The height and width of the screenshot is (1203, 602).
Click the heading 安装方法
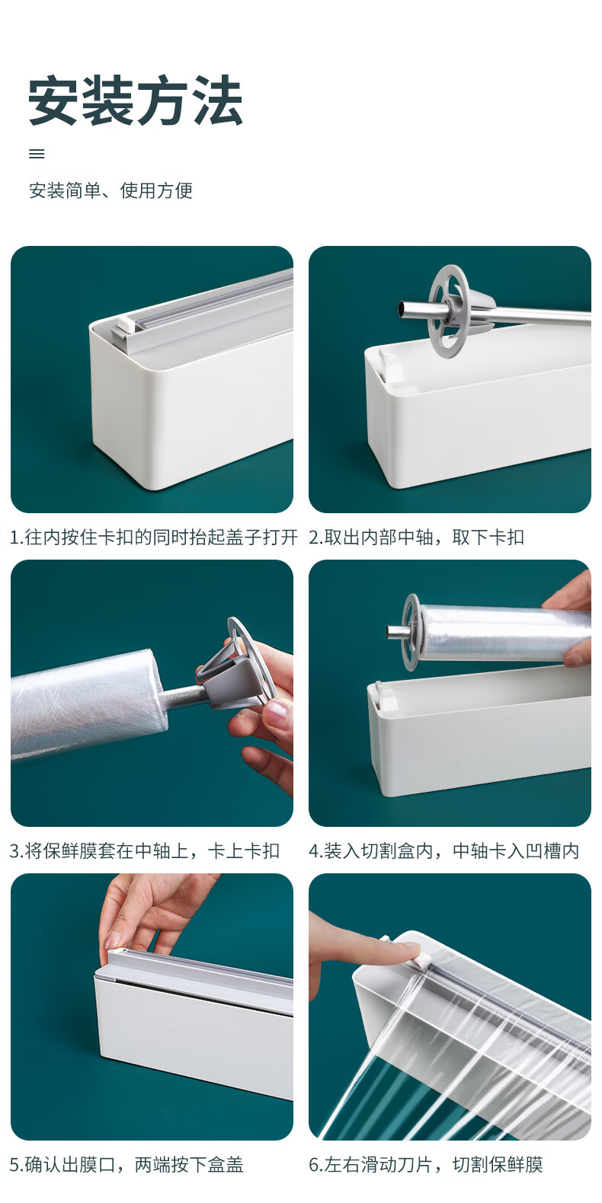click(x=136, y=101)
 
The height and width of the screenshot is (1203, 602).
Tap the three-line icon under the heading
click(x=37, y=154)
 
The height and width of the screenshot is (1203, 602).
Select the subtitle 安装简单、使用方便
click(x=110, y=190)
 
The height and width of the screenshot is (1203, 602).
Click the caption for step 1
click(x=153, y=537)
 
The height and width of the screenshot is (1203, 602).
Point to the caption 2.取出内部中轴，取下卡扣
click(x=417, y=537)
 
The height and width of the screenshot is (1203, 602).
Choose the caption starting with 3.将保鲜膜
click(x=145, y=850)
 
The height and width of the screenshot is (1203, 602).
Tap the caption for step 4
click(x=444, y=850)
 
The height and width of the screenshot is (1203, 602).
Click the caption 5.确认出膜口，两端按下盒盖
click(x=126, y=1164)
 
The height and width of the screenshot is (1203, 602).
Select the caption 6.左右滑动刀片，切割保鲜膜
click(x=426, y=1164)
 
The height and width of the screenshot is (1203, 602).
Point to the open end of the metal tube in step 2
click(x=402, y=309)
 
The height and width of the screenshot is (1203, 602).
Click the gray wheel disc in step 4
click(x=411, y=632)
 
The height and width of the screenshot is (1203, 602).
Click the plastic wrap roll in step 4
click(x=503, y=633)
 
